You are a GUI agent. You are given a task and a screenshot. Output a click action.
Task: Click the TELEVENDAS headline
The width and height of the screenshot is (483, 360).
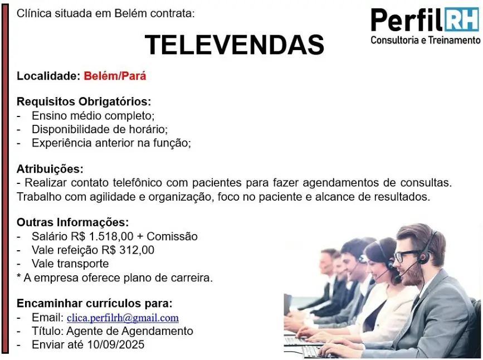[x=235, y=45]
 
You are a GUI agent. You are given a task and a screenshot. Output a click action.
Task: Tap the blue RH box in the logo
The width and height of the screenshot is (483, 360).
[x=462, y=20]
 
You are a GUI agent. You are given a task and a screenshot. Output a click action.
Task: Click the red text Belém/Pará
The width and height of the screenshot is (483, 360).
[x=115, y=76]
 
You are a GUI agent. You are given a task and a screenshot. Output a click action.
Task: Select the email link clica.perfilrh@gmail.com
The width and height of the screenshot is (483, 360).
[x=123, y=318]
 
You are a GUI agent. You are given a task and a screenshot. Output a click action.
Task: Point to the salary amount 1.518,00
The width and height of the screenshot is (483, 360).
[x=111, y=236]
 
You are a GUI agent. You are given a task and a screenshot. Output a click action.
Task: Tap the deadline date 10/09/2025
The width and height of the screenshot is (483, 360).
[x=116, y=344]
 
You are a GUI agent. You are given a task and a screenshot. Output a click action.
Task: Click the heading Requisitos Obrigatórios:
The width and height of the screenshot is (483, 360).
[x=84, y=101]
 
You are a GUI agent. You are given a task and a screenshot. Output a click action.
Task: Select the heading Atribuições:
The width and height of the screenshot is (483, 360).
[x=50, y=169]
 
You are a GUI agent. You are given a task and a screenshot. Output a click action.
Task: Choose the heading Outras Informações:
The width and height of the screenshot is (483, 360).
[x=72, y=222]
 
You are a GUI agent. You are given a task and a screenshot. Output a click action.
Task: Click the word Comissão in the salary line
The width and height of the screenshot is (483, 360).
[x=172, y=236]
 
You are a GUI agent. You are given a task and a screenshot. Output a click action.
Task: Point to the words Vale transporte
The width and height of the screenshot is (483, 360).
[x=70, y=264]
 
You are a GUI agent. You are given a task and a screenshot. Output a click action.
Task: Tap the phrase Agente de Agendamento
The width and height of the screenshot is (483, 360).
[x=130, y=331]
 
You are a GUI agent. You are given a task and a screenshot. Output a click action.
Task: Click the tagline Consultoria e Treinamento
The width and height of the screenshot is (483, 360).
[x=426, y=40]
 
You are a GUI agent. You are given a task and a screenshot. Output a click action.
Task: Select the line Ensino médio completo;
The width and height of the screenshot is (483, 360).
[x=93, y=116]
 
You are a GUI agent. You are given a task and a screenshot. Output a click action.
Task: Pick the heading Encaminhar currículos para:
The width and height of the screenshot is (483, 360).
[x=95, y=303]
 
